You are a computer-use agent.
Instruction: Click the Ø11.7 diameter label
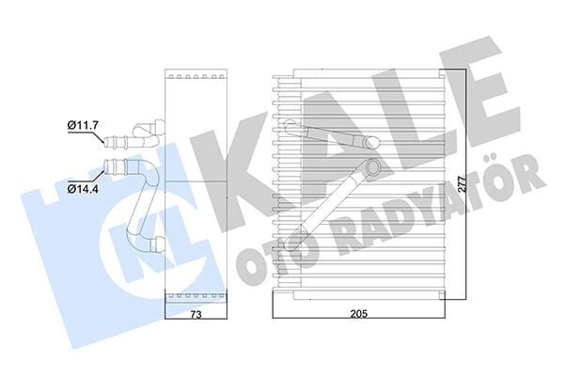tap(83, 126)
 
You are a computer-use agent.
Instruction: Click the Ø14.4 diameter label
tap(83, 188)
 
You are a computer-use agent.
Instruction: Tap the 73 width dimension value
tap(196, 314)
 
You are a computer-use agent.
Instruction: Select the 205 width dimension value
tap(359, 314)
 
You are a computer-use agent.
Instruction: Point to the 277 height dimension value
tap(462, 183)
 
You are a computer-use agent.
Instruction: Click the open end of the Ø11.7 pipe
tap(106, 141)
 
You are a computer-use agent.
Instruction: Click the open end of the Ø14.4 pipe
tap(106, 165)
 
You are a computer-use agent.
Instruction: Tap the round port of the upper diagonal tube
tap(370, 143)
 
